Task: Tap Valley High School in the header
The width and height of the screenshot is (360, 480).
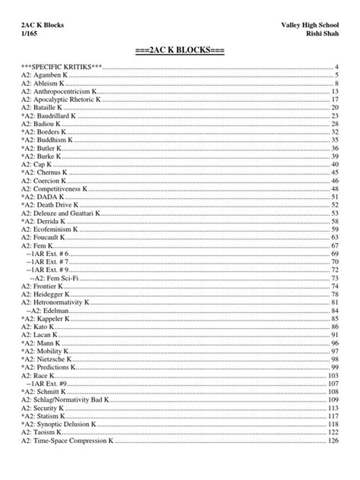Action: click(x=310, y=25)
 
